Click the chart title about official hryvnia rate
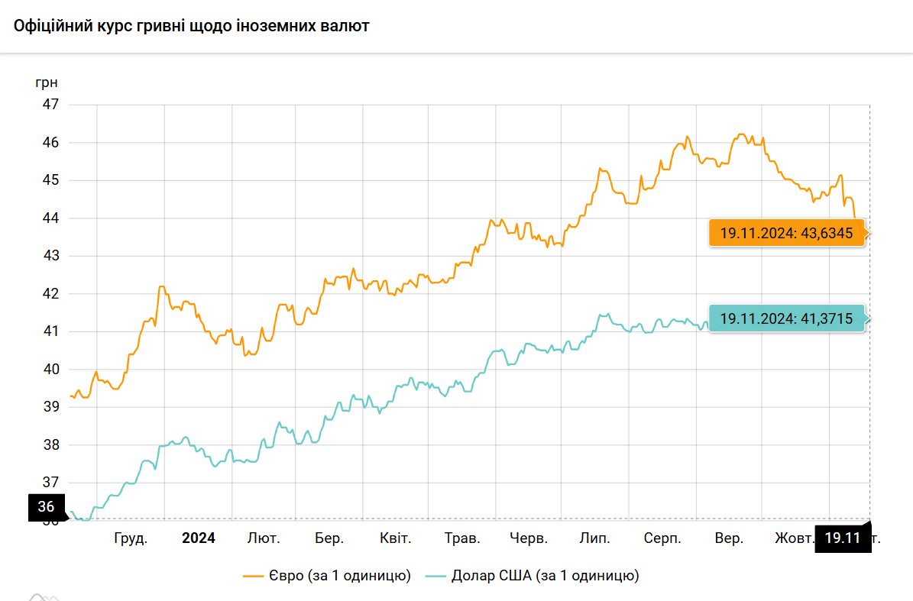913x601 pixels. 192,26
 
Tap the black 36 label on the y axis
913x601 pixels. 46,506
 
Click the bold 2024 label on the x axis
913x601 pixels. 199,538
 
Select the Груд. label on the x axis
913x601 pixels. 131,538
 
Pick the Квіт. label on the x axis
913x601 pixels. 396,538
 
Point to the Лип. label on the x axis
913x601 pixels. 595,538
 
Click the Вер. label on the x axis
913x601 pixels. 729,538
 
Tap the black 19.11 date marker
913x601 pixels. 843,538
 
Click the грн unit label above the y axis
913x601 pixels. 47,82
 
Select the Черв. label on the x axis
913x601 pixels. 529,538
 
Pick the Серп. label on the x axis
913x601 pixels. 662,538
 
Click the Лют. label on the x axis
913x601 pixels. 264,538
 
